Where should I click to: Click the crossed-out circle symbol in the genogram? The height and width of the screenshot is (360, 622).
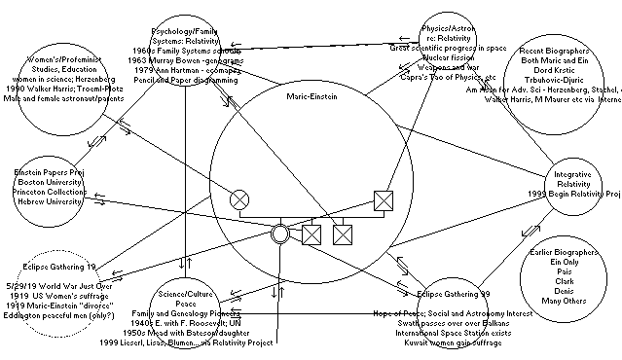click(239, 199)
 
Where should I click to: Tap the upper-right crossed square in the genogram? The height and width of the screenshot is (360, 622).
click(384, 201)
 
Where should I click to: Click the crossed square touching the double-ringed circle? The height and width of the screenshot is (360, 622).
click(311, 234)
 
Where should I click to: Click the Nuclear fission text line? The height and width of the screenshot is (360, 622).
click(447, 56)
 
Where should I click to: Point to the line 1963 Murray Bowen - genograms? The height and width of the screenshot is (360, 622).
click(185, 56)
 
